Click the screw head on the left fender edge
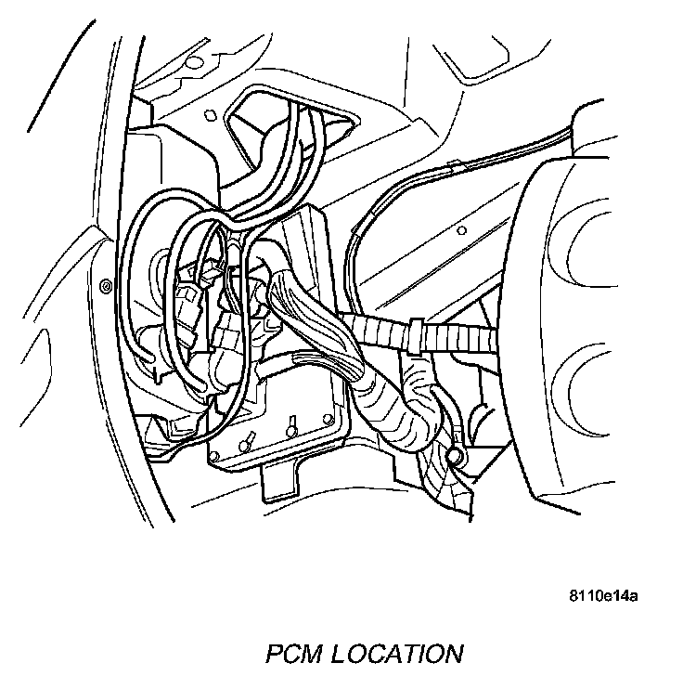click(105, 282)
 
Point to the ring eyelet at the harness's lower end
click(455, 456)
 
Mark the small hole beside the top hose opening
click(209, 115)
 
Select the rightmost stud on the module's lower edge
click(327, 416)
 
